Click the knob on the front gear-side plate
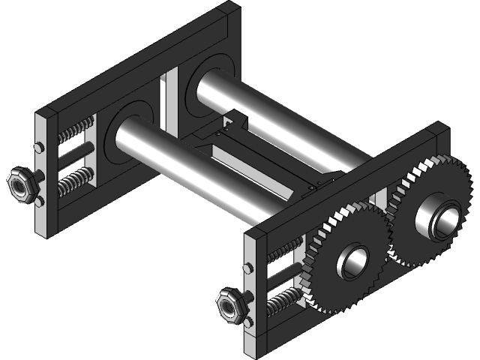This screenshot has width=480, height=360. coord(228,306)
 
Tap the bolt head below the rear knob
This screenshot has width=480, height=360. coord(37,201)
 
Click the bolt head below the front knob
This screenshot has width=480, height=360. coord(248,323)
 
